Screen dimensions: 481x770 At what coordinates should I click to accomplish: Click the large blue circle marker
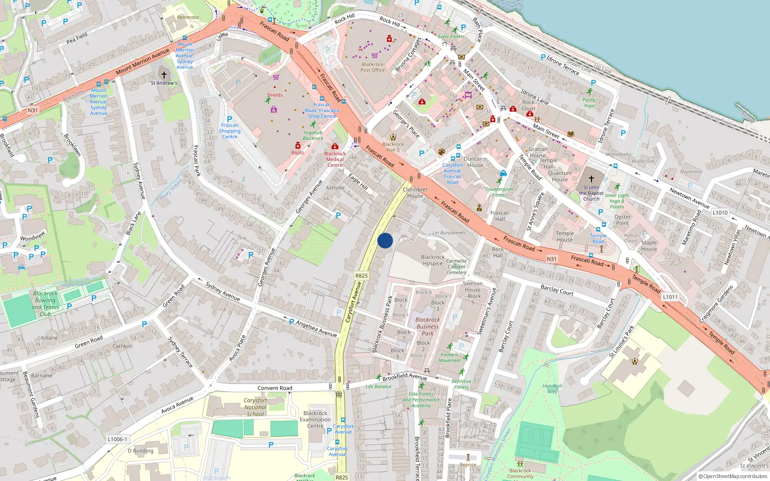pyautogui.click(x=385, y=240)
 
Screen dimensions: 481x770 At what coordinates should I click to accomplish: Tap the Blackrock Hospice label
pyautogui.click(x=433, y=260)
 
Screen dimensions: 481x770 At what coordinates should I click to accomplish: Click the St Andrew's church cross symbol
pyautogui.click(x=164, y=75)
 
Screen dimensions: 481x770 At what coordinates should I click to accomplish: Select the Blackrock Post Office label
pyautogui.click(x=372, y=67)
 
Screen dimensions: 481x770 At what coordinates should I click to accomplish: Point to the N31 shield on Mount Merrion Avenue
pyautogui.click(x=32, y=110)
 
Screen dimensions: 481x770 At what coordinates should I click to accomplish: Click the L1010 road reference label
pyautogui.click(x=720, y=213)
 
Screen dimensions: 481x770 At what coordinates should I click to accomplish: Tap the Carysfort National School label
pyautogui.click(x=255, y=407)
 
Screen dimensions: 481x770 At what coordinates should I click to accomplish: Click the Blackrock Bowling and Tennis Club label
pyautogui.click(x=45, y=304)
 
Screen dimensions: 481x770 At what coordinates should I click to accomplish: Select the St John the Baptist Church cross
pyautogui.click(x=591, y=178)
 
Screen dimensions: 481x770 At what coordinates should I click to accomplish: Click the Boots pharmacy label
pyautogui.click(x=297, y=152)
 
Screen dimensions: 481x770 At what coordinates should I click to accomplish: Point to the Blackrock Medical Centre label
pyautogui.click(x=335, y=159)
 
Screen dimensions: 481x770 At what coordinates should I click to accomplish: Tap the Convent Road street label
pyautogui.click(x=274, y=388)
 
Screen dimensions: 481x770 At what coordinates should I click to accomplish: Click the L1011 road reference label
pyautogui.click(x=670, y=297)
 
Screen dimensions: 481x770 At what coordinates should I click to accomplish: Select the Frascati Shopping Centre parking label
pyautogui.click(x=230, y=130)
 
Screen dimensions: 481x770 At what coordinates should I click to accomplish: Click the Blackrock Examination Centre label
pyautogui.click(x=315, y=419)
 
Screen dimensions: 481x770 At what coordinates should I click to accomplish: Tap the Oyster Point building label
pyautogui.click(x=622, y=220)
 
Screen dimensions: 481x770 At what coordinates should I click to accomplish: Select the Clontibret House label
pyautogui.click(x=415, y=192)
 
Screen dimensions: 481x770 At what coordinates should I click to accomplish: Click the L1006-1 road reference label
pyautogui.click(x=117, y=439)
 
